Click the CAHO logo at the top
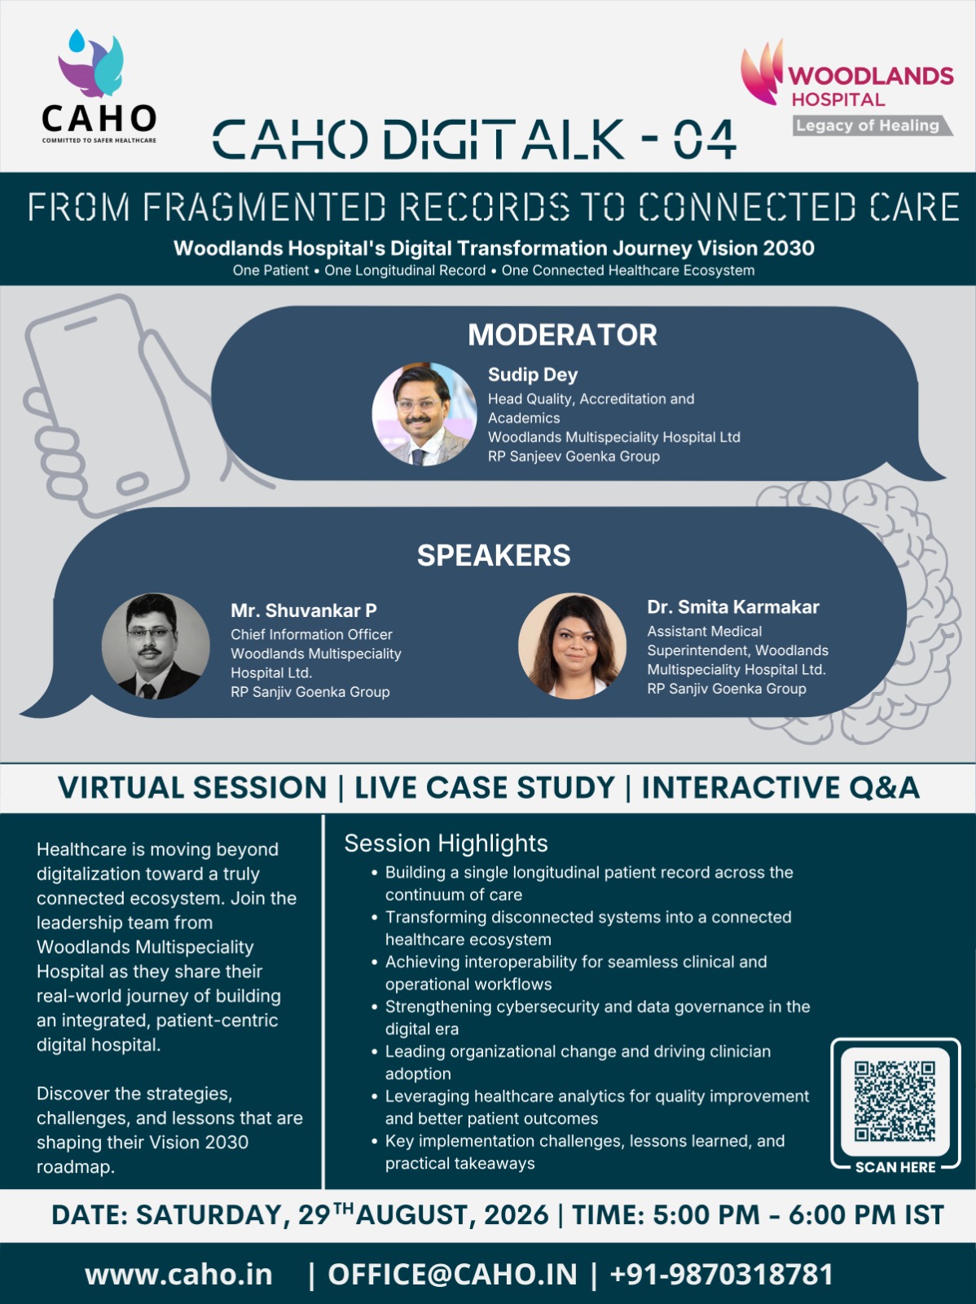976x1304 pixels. click(99, 86)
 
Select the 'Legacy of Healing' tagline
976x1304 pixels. click(868, 126)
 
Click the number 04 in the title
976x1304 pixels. click(705, 139)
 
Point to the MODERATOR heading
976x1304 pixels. click(562, 334)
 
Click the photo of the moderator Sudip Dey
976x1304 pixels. click(424, 414)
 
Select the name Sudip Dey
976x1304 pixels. click(533, 374)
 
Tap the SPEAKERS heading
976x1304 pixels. click(494, 555)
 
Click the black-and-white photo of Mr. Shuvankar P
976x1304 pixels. click(156, 645)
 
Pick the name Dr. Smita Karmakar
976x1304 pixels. click(732, 606)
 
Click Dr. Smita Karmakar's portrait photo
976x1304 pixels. click(572, 645)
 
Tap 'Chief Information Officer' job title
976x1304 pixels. click(311, 634)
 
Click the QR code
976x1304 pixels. click(895, 1101)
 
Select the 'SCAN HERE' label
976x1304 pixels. click(895, 1167)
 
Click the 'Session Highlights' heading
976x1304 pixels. click(446, 843)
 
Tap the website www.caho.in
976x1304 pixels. click(178, 1275)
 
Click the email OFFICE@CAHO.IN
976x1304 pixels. click(452, 1275)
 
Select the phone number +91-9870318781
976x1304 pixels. click(721, 1275)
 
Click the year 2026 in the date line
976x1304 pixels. click(516, 1215)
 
